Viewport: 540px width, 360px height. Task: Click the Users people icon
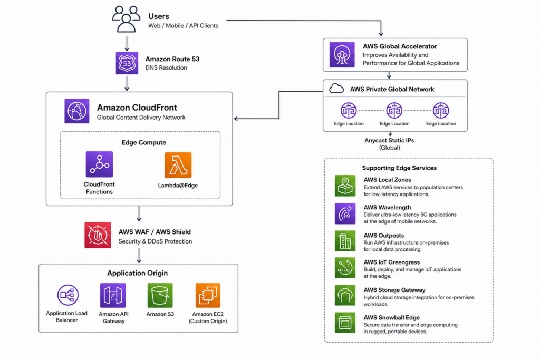click(x=126, y=20)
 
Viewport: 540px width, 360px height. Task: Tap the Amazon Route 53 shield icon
click(x=127, y=63)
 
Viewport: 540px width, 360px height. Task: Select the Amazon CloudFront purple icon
click(x=77, y=111)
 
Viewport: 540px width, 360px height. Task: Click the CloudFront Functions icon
click(x=100, y=164)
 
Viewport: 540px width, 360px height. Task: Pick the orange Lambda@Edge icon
click(x=178, y=165)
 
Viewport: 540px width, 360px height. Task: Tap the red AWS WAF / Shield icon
click(x=98, y=235)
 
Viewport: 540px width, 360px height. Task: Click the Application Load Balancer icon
click(x=68, y=295)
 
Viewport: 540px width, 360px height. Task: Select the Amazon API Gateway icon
click(x=113, y=295)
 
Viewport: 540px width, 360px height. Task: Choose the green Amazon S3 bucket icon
click(x=160, y=295)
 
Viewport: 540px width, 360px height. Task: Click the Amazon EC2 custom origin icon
click(x=208, y=295)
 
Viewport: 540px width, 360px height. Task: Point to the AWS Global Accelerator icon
click(x=342, y=55)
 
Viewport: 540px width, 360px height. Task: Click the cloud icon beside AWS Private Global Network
click(x=336, y=89)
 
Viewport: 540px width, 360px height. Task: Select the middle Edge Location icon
click(x=394, y=111)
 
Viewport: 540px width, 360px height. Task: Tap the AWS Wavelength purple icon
click(x=345, y=213)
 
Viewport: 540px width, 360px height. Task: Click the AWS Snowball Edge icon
click(x=345, y=323)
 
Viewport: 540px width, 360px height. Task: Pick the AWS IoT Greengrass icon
click(x=345, y=268)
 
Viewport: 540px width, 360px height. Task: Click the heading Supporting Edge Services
click(x=399, y=168)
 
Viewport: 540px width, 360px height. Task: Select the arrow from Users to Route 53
click(x=127, y=44)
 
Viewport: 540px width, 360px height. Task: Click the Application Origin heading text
click(x=138, y=273)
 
